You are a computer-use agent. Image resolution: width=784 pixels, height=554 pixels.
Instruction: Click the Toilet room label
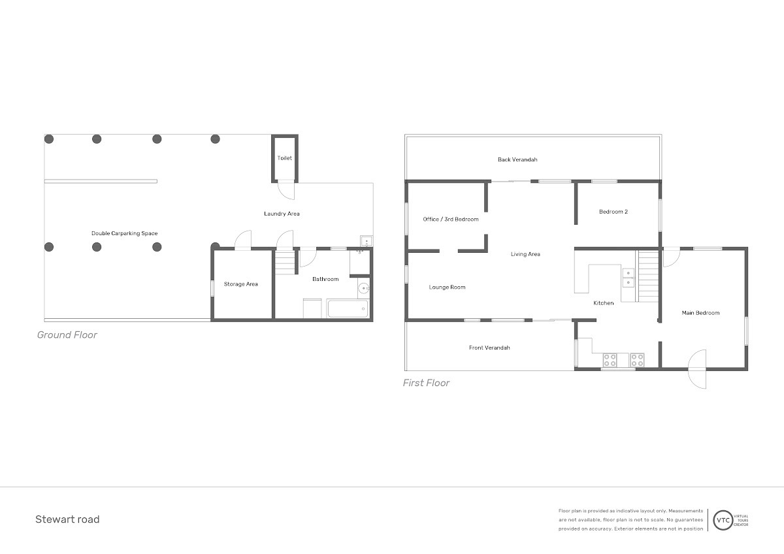coord(285,158)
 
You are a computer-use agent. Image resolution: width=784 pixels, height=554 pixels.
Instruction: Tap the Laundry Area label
coord(282,214)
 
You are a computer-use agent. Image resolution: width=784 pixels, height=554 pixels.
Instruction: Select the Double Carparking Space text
coord(125,233)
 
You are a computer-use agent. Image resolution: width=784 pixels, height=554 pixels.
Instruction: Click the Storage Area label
coord(241,284)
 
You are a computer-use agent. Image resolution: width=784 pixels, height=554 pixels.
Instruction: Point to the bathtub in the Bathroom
coord(348,308)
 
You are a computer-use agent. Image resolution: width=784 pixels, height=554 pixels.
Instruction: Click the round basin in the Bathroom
coord(364,289)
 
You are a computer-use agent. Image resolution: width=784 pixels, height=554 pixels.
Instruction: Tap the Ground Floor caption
coord(67,335)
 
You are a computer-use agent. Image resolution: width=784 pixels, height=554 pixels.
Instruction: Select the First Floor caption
coord(426,383)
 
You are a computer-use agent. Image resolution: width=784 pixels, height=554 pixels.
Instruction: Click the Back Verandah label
coord(517,159)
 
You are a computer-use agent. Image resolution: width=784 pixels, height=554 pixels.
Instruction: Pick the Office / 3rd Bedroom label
coord(451,220)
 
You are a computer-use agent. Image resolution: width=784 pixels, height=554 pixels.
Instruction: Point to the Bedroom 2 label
coord(613,212)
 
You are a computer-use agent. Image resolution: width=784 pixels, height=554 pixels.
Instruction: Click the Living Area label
coord(525,254)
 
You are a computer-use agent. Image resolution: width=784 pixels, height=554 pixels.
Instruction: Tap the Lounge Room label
coord(448,287)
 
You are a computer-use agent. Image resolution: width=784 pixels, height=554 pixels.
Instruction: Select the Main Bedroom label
coord(700,313)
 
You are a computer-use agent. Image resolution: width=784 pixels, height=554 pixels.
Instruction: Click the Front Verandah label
coord(489,348)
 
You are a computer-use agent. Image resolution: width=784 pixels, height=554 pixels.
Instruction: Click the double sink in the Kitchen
coord(629,278)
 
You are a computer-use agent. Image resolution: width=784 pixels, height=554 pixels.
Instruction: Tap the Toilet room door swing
coord(286,191)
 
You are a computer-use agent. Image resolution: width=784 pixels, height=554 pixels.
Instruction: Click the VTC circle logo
coord(723,520)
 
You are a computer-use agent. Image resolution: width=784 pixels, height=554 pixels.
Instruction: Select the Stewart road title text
coord(67,519)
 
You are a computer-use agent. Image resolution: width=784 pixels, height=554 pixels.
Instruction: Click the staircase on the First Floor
coord(647,276)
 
